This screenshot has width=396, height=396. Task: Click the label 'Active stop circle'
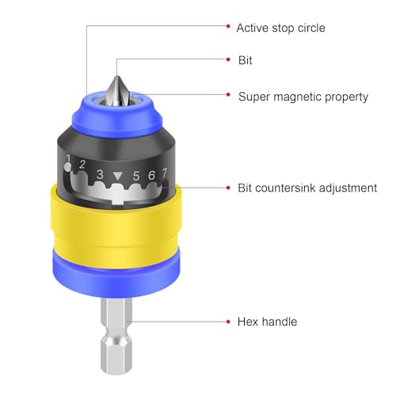(280, 28)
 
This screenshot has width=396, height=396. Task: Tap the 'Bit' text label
(246, 60)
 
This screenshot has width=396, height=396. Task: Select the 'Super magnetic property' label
(303, 97)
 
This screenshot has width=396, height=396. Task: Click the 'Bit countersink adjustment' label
(307, 188)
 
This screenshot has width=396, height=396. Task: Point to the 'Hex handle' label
(267, 322)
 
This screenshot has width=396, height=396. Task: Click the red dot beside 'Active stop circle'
(228, 26)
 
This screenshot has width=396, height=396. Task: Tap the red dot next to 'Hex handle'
(228, 322)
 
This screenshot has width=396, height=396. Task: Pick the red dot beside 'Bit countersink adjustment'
(228, 188)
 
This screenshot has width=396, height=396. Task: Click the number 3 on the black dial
(100, 174)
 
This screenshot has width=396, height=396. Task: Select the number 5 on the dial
(136, 176)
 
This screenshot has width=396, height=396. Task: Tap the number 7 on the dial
(165, 173)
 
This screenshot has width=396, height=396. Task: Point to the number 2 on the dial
(82, 164)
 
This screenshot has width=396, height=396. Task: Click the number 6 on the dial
(151, 175)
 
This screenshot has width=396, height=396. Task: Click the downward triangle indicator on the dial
(118, 176)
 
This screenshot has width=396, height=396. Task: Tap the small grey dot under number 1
(68, 167)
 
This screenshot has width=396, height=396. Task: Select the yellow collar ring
(116, 227)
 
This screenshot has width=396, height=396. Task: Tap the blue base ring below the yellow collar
(116, 276)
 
